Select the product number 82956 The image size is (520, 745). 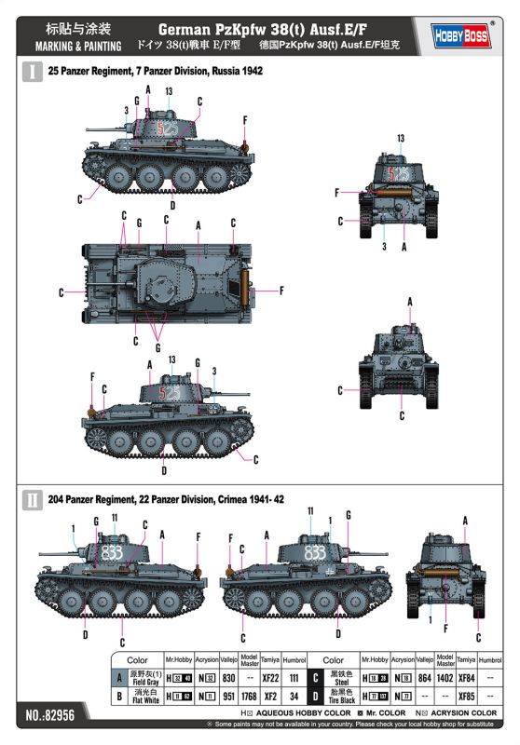tap(46, 717)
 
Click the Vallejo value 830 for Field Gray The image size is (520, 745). tap(228, 679)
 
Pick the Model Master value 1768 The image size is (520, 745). tap(249, 695)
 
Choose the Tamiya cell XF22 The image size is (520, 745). tap(270, 679)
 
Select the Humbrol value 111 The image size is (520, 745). tap(293, 679)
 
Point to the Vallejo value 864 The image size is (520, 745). tap(425, 679)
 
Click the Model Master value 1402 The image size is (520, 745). tap(445, 679)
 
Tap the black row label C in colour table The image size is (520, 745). tap(317, 679)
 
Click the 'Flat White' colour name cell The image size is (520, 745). tap(145, 695)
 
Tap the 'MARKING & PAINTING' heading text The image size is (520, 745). tap(78, 46)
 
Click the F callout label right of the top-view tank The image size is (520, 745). tap(281, 291)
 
